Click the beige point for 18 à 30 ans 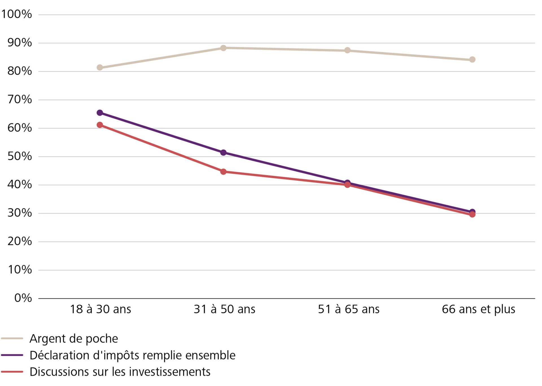point(100,67)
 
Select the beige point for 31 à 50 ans point(223,48)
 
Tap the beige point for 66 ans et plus point(472,60)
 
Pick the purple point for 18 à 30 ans point(100,113)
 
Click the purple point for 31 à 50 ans point(223,152)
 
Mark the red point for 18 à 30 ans point(100,125)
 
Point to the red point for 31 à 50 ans point(223,172)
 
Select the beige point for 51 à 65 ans point(348,50)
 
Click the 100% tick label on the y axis point(17,14)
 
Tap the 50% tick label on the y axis point(19,156)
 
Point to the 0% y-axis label point(23,298)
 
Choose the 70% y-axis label point(19,99)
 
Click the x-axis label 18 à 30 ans point(100,309)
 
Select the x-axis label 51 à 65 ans point(349,309)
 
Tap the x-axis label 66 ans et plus point(478,309)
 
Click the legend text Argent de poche point(74,339)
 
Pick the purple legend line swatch point(12,355)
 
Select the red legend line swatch point(12,372)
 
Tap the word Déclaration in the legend point(60,355)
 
